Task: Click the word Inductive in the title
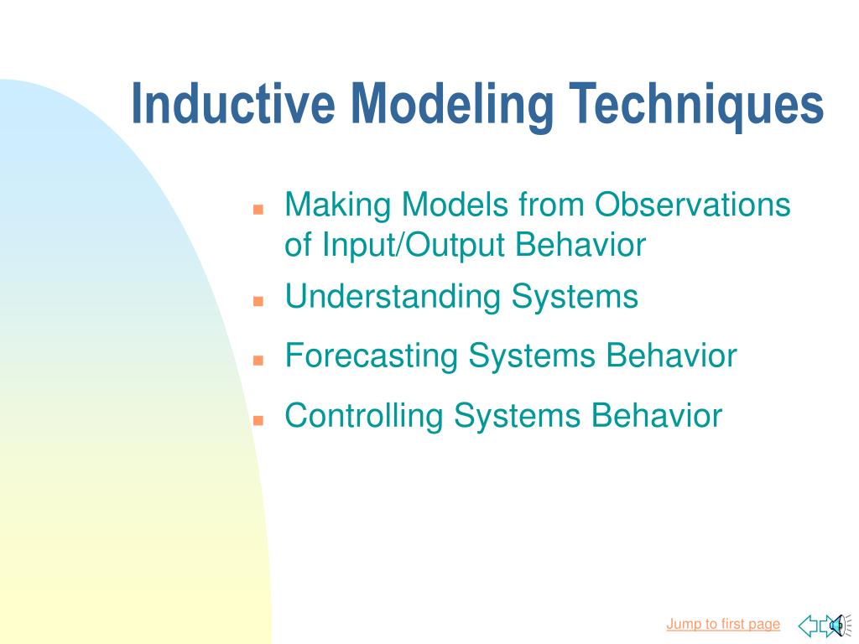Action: click(233, 103)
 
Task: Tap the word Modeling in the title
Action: click(452, 106)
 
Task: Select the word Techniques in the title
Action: click(695, 106)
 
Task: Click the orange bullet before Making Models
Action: click(258, 209)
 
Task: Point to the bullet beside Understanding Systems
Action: click(258, 301)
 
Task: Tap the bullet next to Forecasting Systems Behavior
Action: click(258, 361)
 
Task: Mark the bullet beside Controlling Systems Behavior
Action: click(258, 420)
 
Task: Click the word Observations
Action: click(693, 205)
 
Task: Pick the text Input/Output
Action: click(414, 246)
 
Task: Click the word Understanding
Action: click(393, 298)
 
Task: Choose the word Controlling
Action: click(364, 417)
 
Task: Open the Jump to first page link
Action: click(723, 625)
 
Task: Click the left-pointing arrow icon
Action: click(808, 626)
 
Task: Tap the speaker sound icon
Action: click(838, 626)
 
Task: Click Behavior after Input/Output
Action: click(580, 244)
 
